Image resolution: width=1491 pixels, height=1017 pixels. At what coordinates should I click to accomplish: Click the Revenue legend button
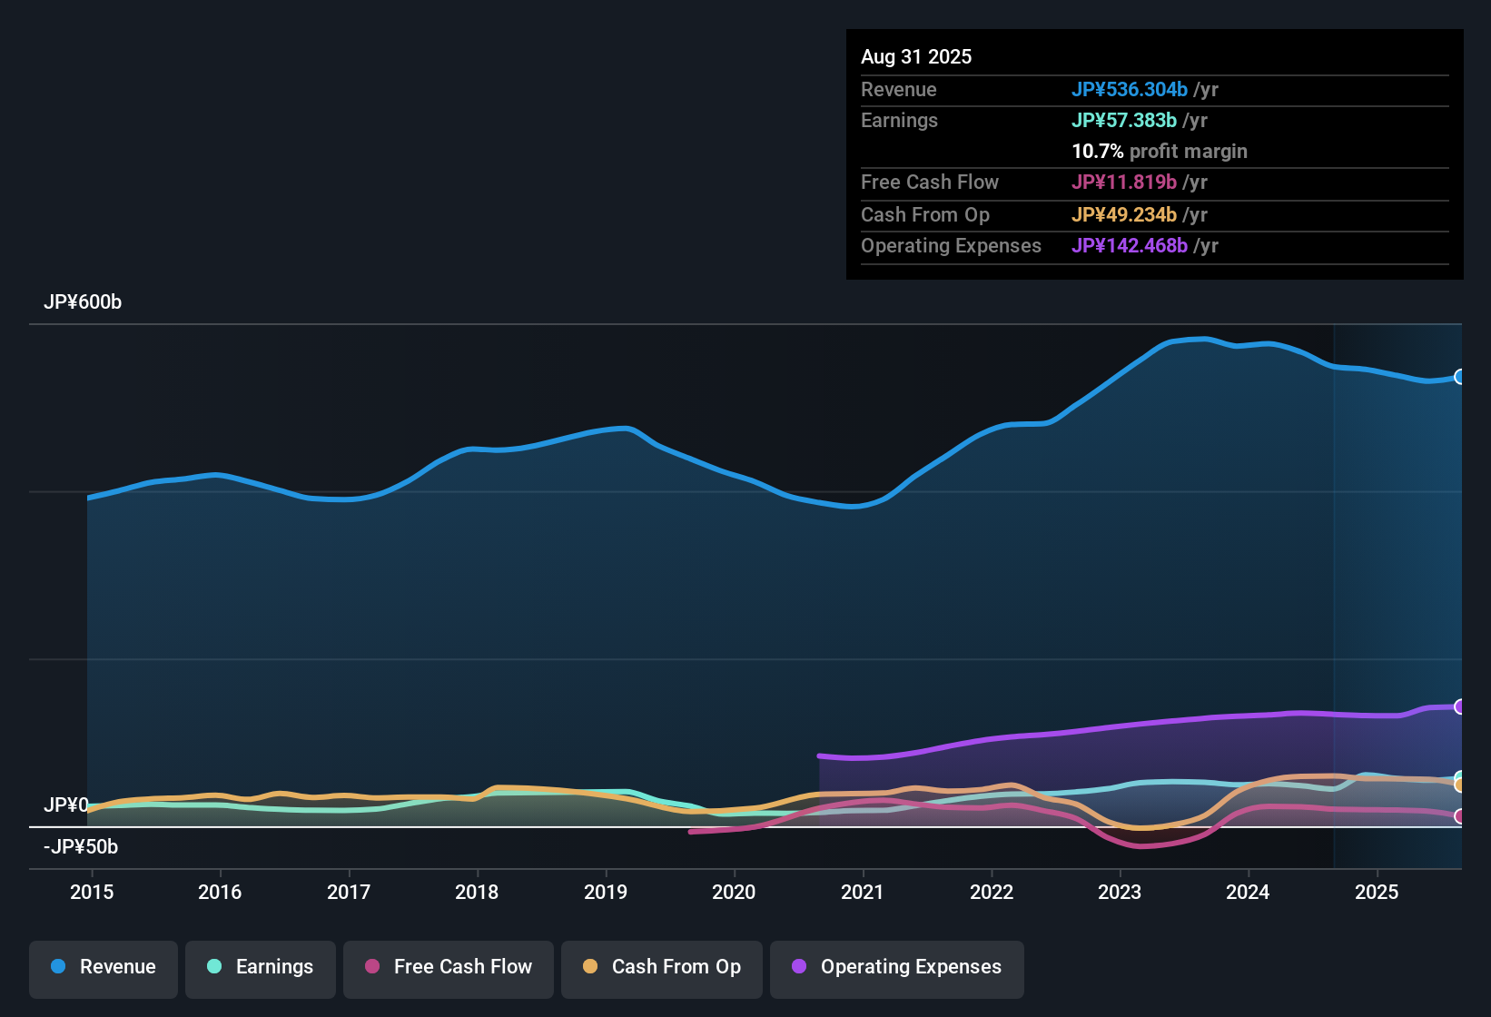104,967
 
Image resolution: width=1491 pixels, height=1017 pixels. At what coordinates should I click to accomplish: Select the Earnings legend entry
261,967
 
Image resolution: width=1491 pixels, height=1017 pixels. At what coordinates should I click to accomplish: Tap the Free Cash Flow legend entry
449,967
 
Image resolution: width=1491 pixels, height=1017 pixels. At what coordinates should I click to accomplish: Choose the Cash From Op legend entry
662,967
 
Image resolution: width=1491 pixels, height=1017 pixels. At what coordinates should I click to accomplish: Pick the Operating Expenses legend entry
897,967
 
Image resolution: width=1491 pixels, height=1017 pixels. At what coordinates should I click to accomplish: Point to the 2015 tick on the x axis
92,892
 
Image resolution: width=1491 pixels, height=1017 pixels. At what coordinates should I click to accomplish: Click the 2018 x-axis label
477,892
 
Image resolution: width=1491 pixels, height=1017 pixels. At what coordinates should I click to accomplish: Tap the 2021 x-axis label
863,892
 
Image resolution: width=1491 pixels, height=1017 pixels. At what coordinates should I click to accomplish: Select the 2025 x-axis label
1377,892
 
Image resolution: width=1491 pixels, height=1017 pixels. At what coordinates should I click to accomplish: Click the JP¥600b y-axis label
83,302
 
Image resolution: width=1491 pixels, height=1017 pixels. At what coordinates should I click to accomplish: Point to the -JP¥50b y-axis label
81,847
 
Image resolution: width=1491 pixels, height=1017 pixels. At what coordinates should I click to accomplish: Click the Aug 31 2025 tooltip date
916,57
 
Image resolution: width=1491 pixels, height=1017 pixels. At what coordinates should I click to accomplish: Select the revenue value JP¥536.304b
1130,90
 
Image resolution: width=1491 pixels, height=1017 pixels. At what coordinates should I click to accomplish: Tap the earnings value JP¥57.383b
1124,121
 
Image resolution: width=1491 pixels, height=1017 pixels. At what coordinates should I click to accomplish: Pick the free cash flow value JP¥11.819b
1124,183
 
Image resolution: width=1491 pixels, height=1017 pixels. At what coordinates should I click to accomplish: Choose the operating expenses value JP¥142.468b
1130,246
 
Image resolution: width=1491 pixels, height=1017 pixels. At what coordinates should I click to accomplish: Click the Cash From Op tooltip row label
925,215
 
